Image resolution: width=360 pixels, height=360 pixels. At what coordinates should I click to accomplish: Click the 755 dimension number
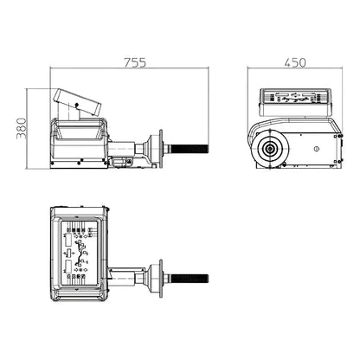click(135, 62)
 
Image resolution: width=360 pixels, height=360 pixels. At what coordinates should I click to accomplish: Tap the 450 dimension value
click(295, 62)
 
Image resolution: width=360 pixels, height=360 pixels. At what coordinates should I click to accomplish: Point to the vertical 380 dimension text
click(22, 128)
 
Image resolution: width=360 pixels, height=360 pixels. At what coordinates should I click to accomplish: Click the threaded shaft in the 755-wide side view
click(189, 149)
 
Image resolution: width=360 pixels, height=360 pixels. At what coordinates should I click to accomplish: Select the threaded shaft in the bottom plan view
click(189, 279)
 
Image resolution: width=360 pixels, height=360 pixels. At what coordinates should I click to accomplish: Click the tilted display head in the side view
click(77, 101)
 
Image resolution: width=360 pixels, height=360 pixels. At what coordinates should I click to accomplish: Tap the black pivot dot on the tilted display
click(76, 105)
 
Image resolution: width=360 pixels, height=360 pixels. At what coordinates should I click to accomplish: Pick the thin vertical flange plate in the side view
click(161, 149)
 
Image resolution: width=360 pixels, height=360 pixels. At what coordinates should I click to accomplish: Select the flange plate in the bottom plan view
click(161, 279)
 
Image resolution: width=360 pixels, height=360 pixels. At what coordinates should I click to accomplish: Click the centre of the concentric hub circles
click(270, 149)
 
